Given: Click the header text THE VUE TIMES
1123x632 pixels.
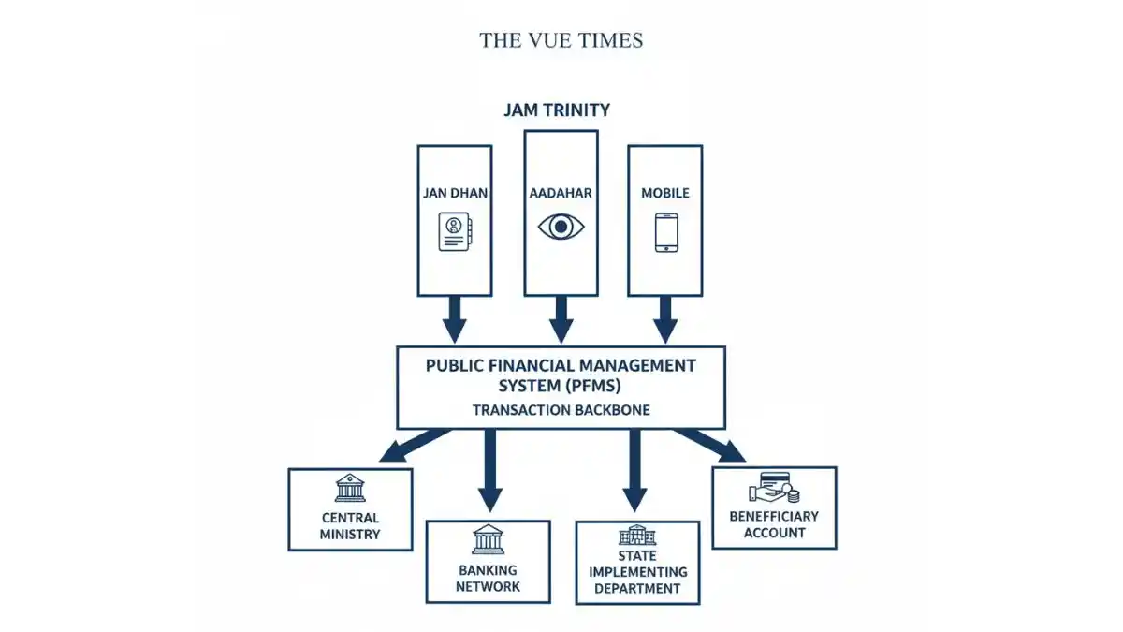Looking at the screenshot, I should (x=561, y=40).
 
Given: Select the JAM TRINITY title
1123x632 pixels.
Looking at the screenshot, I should (x=557, y=110).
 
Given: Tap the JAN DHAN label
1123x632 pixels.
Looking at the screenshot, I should (x=454, y=193).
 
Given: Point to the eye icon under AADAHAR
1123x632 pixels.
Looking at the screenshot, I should (x=561, y=227).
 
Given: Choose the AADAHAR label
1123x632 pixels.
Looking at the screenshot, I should (x=561, y=193).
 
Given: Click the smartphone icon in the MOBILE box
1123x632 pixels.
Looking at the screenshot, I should (x=665, y=231).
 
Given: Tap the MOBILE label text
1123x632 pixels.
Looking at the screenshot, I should (x=665, y=193).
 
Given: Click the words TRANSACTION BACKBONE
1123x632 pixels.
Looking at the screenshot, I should (x=561, y=410).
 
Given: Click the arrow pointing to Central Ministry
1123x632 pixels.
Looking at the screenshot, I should (x=412, y=445).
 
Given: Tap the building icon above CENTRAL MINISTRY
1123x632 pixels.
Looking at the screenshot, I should (x=350, y=489).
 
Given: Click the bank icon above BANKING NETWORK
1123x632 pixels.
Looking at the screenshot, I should (x=488, y=540).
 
